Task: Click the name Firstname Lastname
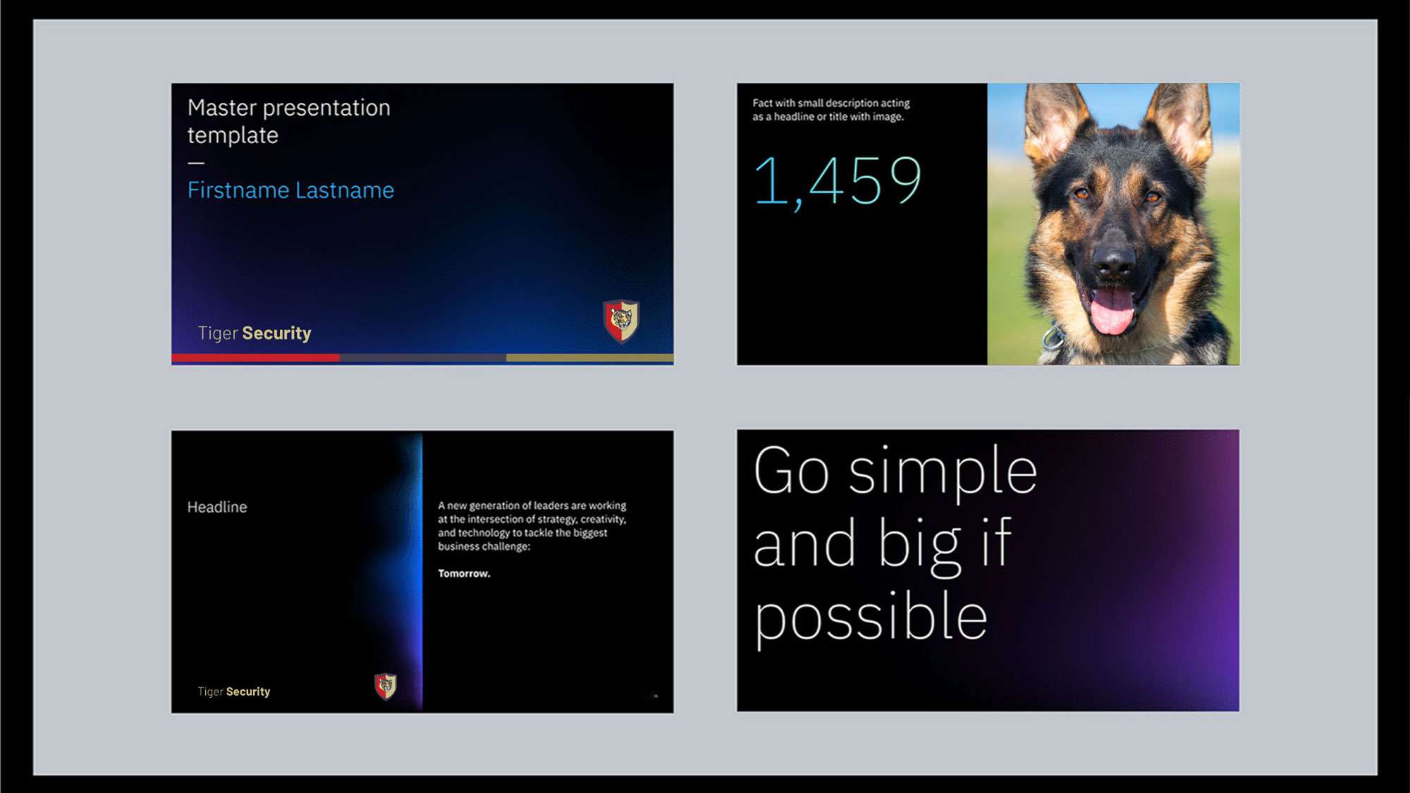pyautogui.click(x=290, y=190)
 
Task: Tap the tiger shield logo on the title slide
pyautogui.click(x=621, y=321)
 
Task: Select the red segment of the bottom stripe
pyautogui.click(x=255, y=358)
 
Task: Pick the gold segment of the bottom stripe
pyautogui.click(x=589, y=358)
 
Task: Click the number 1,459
pyautogui.click(x=838, y=182)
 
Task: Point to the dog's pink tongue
pyautogui.click(x=1112, y=310)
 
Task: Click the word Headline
pyautogui.click(x=217, y=507)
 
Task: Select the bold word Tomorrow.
pyautogui.click(x=464, y=574)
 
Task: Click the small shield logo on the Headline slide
pyautogui.click(x=386, y=686)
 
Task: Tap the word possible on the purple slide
pyautogui.click(x=870, y=617)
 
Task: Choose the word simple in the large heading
pyautogui.click(x=943, y=472)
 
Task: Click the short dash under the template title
pyautogui.click(x=196, y=163)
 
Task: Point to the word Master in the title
pyautogui.click(x=222, y=108)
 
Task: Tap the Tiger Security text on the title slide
pyautogui.click(x=255, y=333)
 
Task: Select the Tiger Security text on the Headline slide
pyautogui.click(x=234, y=691)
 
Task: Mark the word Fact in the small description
pyautogui.click(x=762, y=103)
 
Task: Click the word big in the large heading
pyautogui.click(x=920, y=544)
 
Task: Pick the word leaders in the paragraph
pyautogui.click(x=551, y=505)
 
